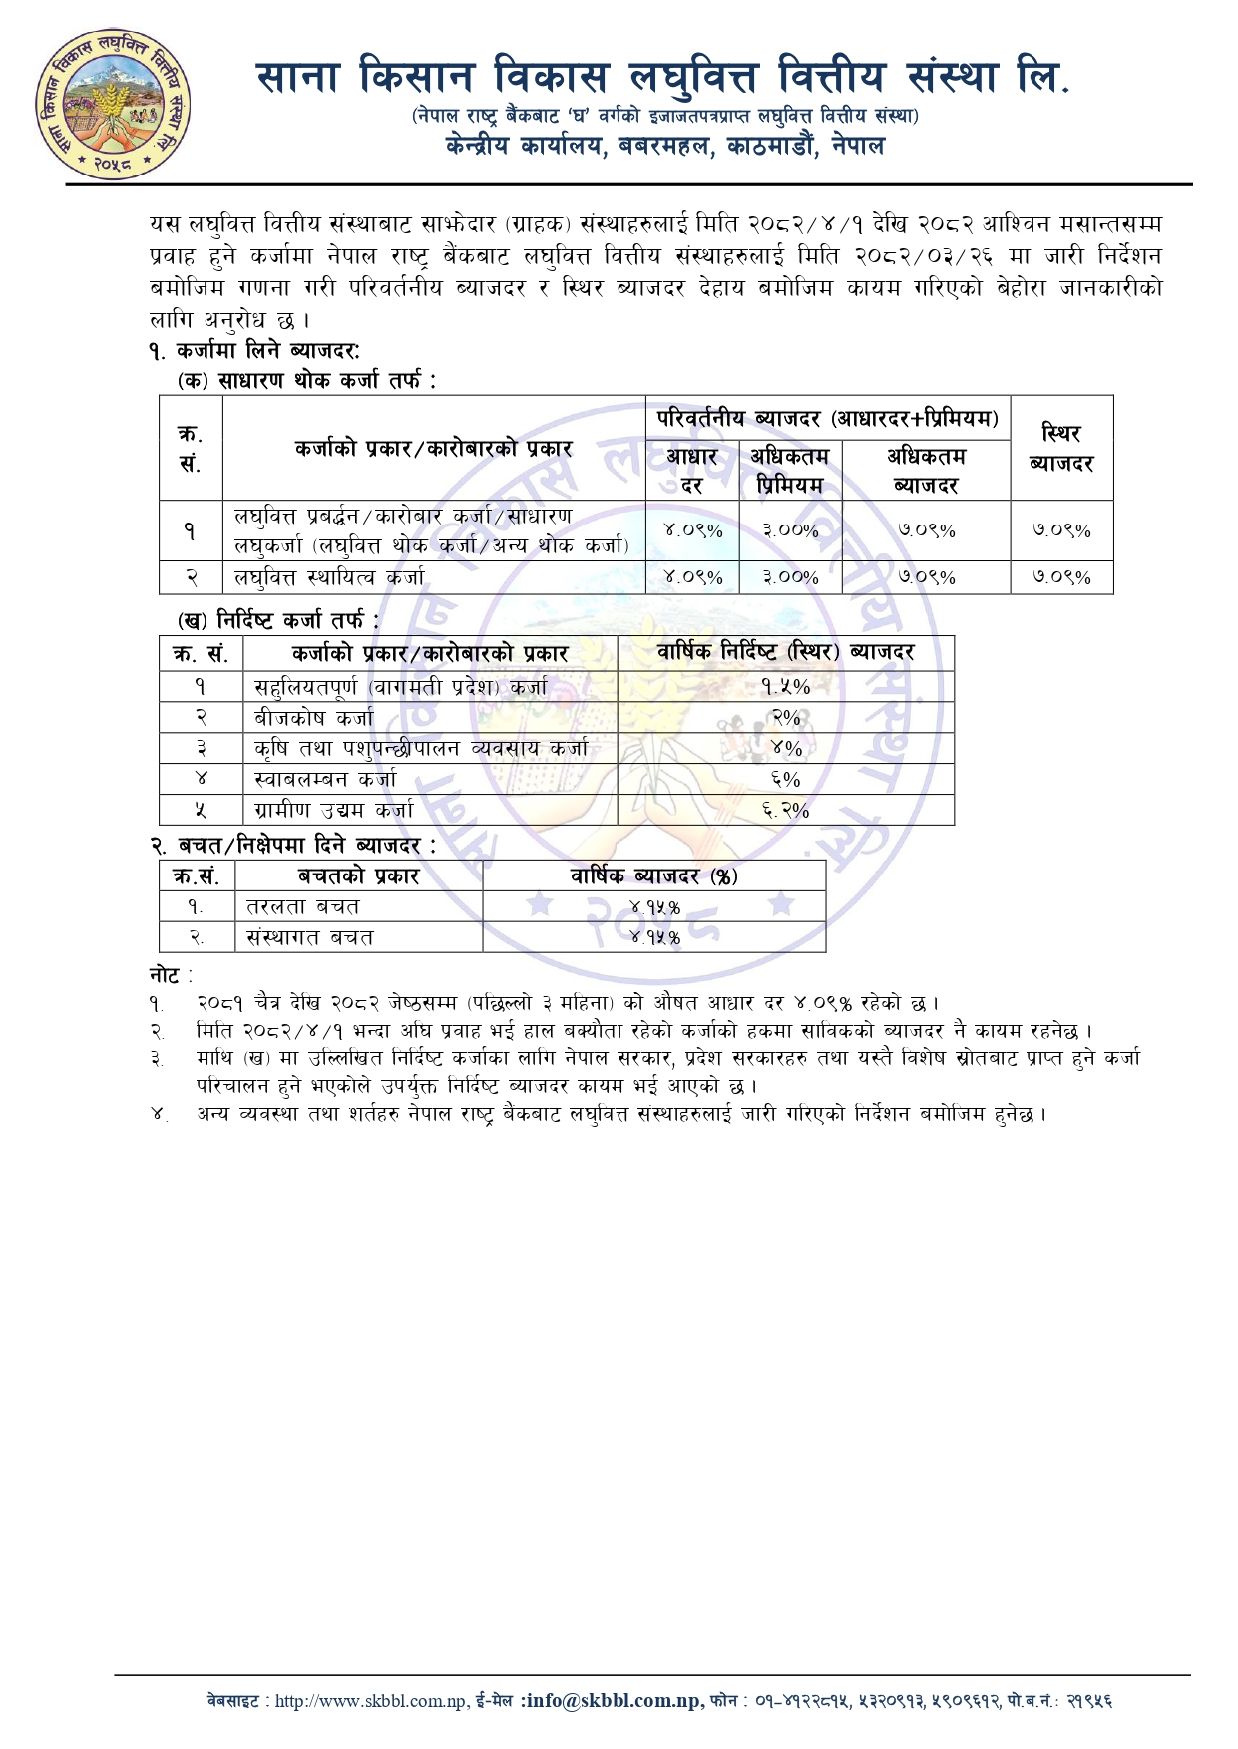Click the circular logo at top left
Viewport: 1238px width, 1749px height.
click(x=113, y=104)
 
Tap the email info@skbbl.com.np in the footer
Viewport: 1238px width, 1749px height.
click(x=611, y=1701)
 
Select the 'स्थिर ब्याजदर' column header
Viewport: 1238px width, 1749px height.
click(x=1061, y=448)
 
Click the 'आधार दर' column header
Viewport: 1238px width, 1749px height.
click(x=691, y=470)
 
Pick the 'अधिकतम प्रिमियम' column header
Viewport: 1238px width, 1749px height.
click(x=789, y=470)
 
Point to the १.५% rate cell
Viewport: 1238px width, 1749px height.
click(x=785, y=686)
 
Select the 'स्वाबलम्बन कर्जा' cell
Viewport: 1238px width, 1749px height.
click(x=325, y=779)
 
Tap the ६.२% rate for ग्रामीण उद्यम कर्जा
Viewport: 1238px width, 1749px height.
click(x=785, y=810)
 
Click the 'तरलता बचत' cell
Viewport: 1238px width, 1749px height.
click(x=303, y=907)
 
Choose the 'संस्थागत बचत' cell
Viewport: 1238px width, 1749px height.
click(x=310, y=937)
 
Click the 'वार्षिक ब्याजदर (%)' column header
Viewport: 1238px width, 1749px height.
click(x=653, y=875)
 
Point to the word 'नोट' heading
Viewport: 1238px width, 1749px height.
click(x=166, y=975)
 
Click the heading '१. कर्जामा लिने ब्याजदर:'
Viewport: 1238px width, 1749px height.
click(x=255, y=350)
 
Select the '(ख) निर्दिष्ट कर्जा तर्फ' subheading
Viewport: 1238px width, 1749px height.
click(x=278, y=620)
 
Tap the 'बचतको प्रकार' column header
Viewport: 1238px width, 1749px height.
click(x=359, y=875)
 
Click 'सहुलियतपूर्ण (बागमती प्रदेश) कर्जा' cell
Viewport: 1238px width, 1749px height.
click(x=401, y=687)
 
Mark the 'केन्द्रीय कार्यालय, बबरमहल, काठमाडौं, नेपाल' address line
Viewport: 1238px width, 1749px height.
click(x=665, y=146)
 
